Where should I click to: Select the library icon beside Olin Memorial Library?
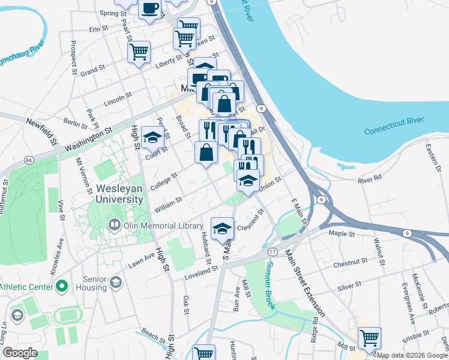tap(114, 226)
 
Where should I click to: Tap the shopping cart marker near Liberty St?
tap(139, 52)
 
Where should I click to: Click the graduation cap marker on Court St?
tap(152, 137)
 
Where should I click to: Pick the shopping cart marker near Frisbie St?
tap(369, 337)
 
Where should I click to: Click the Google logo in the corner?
tap(19, 353)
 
